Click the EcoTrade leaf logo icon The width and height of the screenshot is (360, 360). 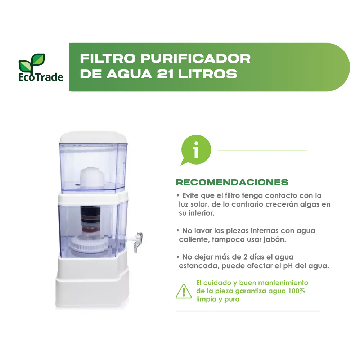coord(31,62)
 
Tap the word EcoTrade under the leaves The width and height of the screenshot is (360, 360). coord(41,77)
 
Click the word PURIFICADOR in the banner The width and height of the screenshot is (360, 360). coord(195,59)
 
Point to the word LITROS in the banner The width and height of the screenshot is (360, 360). coord(208,74)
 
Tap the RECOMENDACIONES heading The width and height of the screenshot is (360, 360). coord(232,182)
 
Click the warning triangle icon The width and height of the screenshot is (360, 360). coord(184,291)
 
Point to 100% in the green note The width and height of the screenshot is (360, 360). coord(297,291)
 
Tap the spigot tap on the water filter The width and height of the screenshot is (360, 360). coord(139,242)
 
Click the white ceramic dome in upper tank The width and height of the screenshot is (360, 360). coord(92,178)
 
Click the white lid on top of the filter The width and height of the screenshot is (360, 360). coord(93,137)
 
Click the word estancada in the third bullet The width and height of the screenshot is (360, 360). coord(199,266)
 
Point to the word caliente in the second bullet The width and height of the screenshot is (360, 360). coord(194,239)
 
